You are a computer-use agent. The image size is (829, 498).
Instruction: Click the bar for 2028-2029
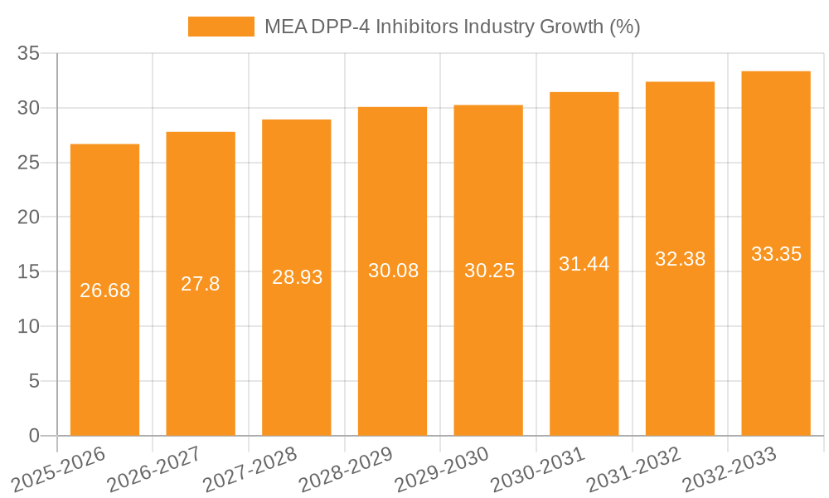click(392, 332)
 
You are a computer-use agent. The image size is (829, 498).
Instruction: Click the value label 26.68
click(104, 290)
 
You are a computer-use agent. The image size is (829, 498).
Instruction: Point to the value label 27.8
click(201, 284)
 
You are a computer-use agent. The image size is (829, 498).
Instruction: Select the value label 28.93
click(297, 277)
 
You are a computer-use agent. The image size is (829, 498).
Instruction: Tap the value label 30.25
click(488, 271)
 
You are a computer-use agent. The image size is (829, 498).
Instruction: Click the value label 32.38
click(680, 259)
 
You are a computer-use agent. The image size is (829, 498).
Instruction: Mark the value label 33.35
click(776, 254)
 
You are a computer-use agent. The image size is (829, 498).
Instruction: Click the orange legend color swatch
click(221, 27)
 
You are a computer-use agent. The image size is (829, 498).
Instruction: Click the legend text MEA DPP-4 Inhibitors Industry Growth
click(452, 27)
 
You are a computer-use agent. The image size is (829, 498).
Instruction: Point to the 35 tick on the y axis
click(29, 54)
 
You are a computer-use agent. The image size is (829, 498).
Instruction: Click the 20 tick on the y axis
click(29, 217)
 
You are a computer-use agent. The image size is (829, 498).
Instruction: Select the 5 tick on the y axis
click(34, 381)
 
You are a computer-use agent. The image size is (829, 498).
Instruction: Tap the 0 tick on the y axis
click(34, 436)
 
